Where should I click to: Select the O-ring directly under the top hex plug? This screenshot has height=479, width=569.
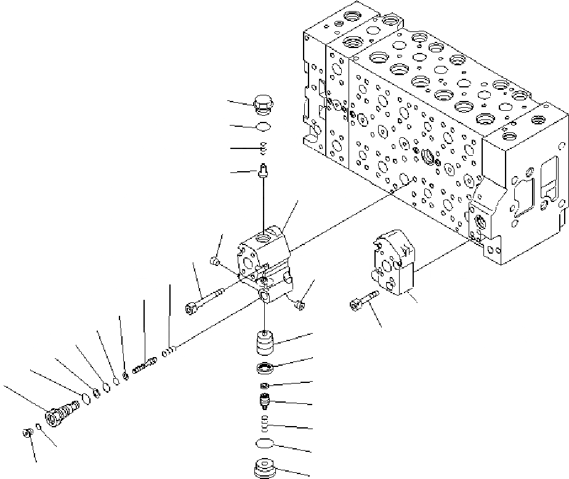tap(263, 127)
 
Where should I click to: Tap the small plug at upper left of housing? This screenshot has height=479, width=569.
tap(215, 262)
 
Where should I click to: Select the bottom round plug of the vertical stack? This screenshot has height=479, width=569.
tap(265, 467)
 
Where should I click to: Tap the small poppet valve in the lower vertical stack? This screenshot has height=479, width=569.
tap(265, 402)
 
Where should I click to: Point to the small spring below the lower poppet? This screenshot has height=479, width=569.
tap(265, 423)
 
